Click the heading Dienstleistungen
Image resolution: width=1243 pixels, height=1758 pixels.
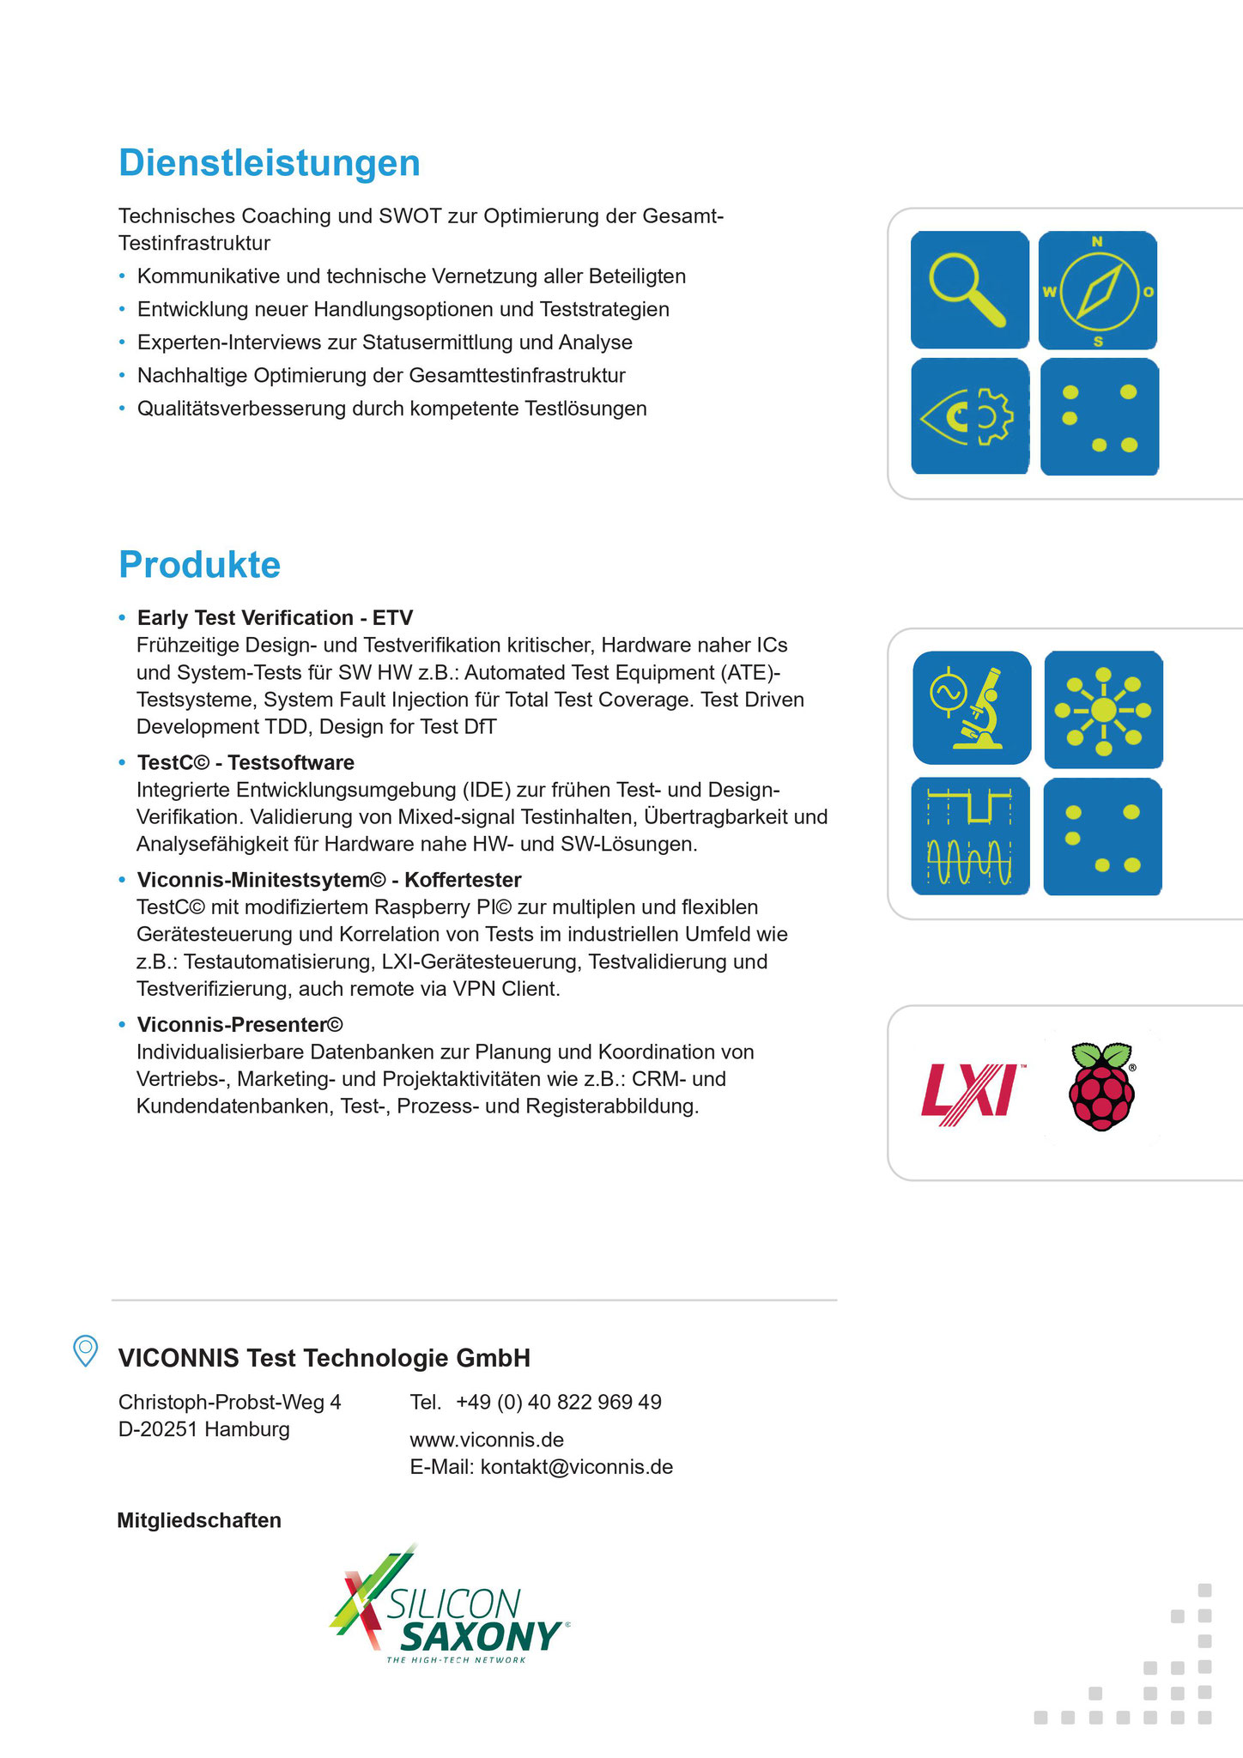coord(270,163)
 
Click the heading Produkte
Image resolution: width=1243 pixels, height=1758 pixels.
coord(200,565)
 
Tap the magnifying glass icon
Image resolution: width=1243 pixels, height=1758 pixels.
coord(969,289)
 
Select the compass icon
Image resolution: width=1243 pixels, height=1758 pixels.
coord(1098,290)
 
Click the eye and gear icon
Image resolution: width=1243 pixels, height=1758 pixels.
coord(969,416)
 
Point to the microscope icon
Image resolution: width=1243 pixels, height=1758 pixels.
coord(972,707)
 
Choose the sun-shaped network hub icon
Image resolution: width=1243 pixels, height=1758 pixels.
coord(1103,710)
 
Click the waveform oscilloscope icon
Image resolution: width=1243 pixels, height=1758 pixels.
coord(970,836)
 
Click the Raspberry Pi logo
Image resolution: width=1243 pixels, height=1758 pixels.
coord(1102,1087)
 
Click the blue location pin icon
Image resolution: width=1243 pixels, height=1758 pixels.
coord(85,1351)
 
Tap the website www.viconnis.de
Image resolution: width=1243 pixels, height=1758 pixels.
coord(487,1440)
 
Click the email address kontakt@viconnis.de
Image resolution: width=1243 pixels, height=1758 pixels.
coord(577,1467)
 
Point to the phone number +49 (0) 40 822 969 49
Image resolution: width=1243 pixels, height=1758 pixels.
coord(559,1402)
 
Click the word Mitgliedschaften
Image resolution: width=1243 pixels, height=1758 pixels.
coord(199,1520)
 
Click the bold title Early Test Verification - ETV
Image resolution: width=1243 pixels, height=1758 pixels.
coord(276,618)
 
